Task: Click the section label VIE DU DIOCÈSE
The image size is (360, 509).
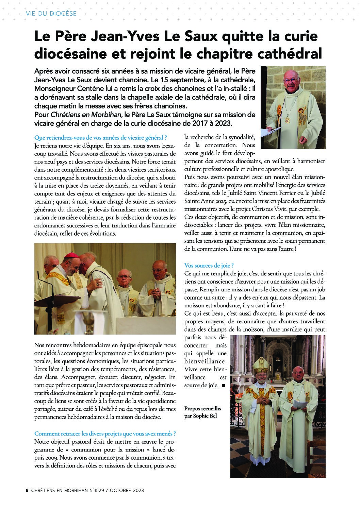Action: pos(51,14)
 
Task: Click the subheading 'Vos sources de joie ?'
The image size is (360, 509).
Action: pos(209,266)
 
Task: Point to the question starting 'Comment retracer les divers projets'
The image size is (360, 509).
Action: pos(105,434)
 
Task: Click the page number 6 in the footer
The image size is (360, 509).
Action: pos(27,490)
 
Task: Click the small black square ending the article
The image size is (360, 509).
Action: pos(223,386)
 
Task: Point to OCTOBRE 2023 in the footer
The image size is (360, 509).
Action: pos(128,490)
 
